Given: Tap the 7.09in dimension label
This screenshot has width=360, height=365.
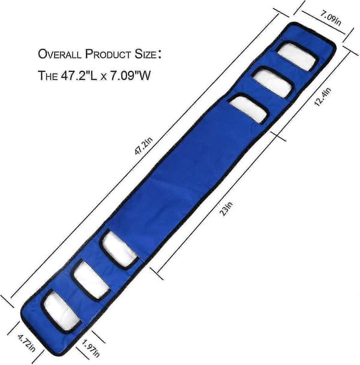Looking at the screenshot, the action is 331,19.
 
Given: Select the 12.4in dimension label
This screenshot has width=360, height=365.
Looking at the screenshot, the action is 323,97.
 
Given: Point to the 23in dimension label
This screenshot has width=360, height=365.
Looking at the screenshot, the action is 226,208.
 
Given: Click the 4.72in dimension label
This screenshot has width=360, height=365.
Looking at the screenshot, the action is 26,343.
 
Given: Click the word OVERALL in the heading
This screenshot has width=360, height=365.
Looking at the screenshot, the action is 59,54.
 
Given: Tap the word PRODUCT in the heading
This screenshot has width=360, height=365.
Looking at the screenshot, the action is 108,54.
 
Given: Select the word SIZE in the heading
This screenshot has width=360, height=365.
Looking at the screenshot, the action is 145,54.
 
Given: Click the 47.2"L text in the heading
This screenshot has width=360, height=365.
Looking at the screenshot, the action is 79,76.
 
